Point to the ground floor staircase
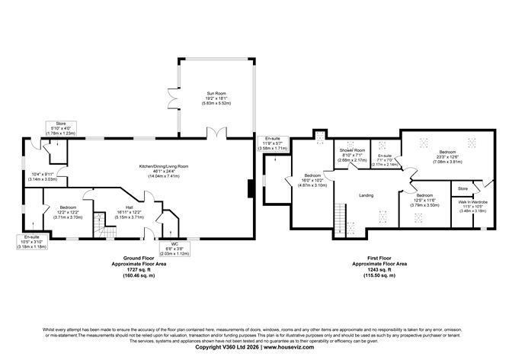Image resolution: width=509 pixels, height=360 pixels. [x=99, y=224]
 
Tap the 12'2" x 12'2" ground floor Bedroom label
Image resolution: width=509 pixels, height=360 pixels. [x=59, y=211]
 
